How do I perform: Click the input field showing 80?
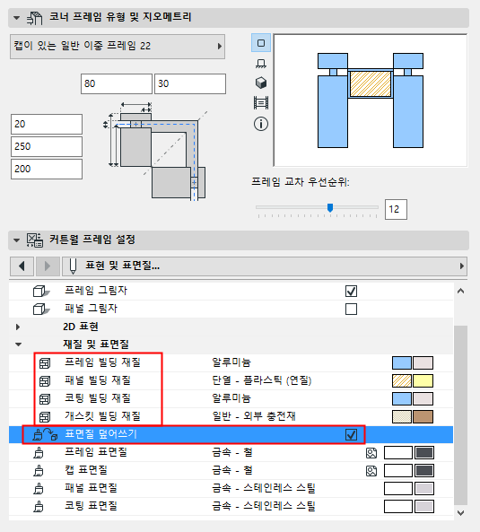pos(117,83)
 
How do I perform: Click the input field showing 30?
pos(190,83)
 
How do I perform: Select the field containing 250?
pos(47,146)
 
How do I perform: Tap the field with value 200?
pos(47,169)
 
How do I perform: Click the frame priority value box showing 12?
pos(396,209)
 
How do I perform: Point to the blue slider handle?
pos(330,207)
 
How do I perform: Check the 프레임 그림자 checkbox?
pos(351,291)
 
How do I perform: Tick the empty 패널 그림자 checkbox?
pos(351,310)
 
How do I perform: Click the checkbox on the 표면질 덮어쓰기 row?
pos(351,434)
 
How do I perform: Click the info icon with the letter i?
pos(261,124)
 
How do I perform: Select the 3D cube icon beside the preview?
pos(261,83)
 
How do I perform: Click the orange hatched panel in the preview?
pos(370,83)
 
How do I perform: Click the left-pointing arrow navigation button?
pos(22,266)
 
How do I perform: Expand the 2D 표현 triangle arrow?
pos(18,327)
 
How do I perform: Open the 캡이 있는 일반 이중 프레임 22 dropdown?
pos(118,47)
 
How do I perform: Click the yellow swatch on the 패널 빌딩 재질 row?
pos(423,380)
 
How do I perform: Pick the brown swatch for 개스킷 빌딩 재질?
pos(423,416)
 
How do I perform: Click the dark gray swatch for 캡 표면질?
pos(424,471)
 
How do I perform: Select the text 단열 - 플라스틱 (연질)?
pos(262,380)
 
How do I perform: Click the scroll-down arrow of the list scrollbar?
pos(460,512)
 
